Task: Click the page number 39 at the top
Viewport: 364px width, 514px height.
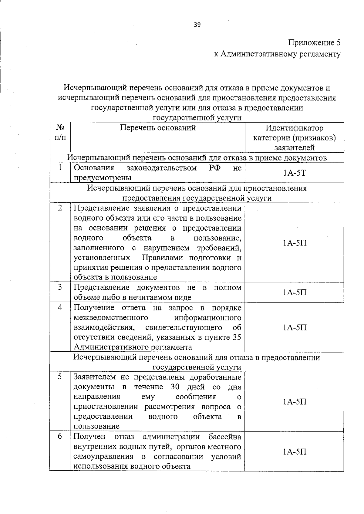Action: coord(197,25)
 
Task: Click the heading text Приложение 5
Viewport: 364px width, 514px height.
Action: coord(314,42)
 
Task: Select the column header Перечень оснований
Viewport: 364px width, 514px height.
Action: coord(158,128)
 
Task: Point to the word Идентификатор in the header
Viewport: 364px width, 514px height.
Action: coord(294,128)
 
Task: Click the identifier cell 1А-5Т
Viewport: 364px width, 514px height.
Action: coord(295,173)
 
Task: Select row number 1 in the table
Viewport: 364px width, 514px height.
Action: coord(60,168)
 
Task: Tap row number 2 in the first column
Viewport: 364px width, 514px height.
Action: coord(60,208)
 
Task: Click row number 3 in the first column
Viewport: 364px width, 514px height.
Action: coord(60,287)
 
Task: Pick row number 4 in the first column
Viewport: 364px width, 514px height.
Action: coord(60,307)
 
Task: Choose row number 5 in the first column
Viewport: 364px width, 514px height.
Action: coord(60,377)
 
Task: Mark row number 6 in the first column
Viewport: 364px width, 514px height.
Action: coord(60,436)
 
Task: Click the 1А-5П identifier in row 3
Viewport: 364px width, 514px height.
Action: coord(295,292)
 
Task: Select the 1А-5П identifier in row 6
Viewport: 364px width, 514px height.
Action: coord(295,451)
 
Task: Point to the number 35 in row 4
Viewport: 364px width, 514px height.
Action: coord(237,337)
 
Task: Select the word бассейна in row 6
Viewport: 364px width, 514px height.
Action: coord(225,437)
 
